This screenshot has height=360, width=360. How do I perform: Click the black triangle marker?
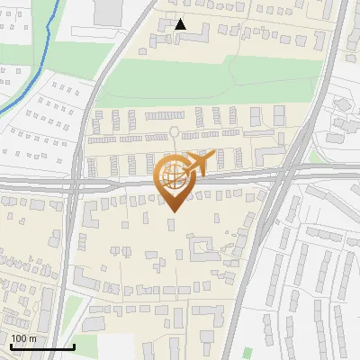181,24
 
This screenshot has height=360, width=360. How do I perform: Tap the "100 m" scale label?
23,338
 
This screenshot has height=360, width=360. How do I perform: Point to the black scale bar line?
41,346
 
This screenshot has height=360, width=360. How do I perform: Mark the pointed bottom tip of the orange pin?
173,211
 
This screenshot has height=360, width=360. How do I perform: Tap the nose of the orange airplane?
214,155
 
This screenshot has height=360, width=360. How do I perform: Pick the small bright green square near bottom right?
247,352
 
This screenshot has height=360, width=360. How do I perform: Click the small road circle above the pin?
174,132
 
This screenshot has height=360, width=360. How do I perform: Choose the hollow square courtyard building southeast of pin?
203,247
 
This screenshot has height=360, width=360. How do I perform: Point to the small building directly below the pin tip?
173,236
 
